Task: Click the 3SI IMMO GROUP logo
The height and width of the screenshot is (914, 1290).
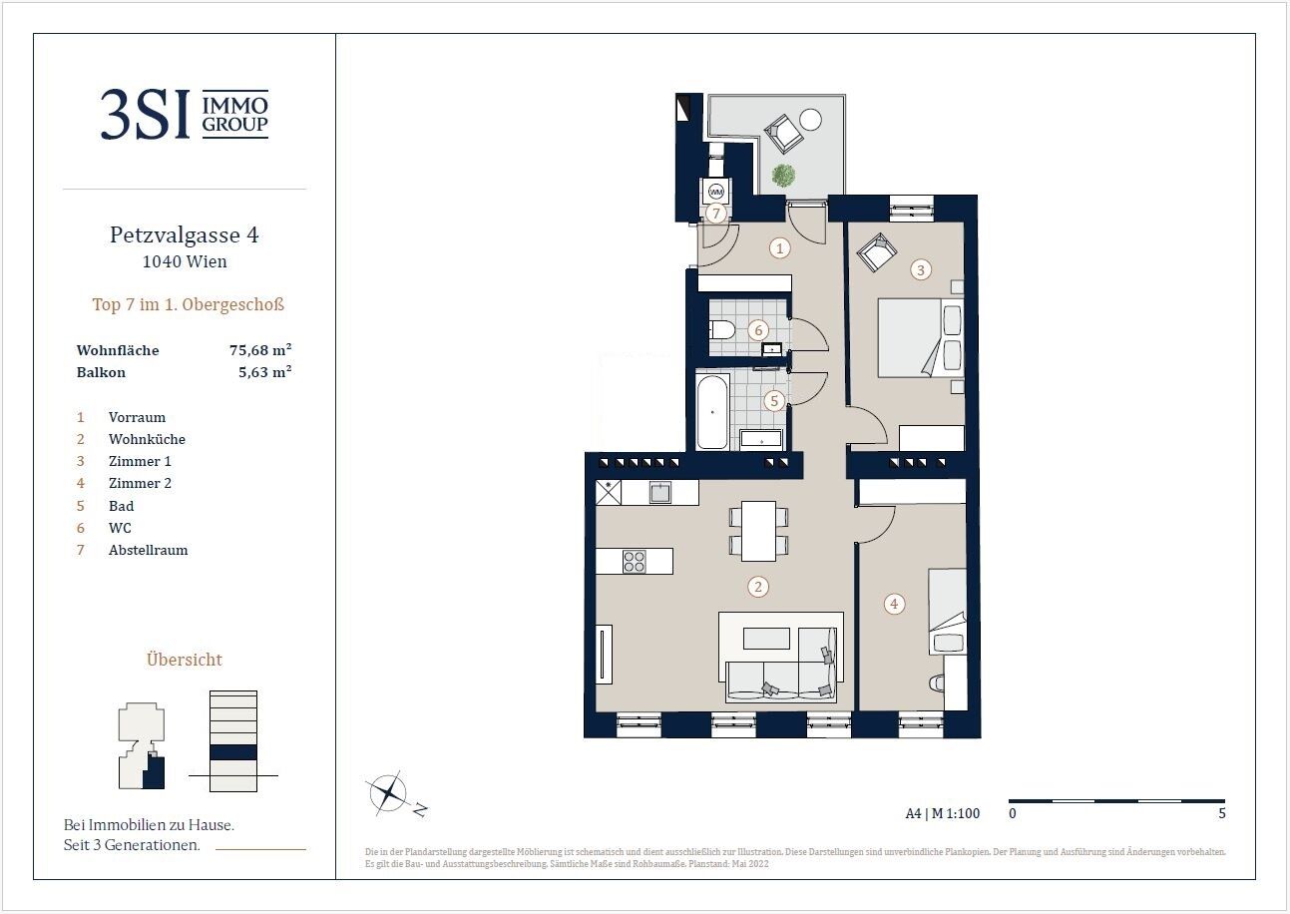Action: pos(185,114)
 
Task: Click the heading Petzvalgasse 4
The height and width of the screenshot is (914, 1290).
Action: pos(185,234)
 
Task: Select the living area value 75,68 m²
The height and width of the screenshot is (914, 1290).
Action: pos(260,349)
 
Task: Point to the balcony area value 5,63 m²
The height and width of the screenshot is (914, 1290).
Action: pos(265,372)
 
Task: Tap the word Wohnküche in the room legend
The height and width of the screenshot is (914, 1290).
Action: pos(147,439)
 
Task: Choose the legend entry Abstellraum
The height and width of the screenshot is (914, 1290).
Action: pos(148,550)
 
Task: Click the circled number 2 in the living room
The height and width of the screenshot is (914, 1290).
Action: pos(758,587)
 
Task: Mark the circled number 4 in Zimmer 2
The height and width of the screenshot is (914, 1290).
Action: pos(894,604)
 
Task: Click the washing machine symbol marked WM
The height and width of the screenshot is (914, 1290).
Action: pos(715,192)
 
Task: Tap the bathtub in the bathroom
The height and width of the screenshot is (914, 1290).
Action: pos(712,412)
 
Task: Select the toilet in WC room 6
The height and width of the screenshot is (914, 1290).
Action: pos(722,330)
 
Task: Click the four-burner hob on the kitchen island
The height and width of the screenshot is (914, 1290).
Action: pos(635,562)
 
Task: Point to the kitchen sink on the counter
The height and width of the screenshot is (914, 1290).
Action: pos(660,493)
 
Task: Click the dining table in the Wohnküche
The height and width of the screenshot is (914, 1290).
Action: pos(758,531)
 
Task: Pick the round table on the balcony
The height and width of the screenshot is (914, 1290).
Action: pos(810,120)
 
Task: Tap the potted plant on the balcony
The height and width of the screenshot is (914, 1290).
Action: pos(783,175)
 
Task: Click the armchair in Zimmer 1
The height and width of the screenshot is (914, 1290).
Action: pos(877,251)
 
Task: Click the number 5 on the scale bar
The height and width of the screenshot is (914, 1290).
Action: pos(1222,813)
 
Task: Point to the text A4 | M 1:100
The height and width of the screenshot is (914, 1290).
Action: pos(942,813)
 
